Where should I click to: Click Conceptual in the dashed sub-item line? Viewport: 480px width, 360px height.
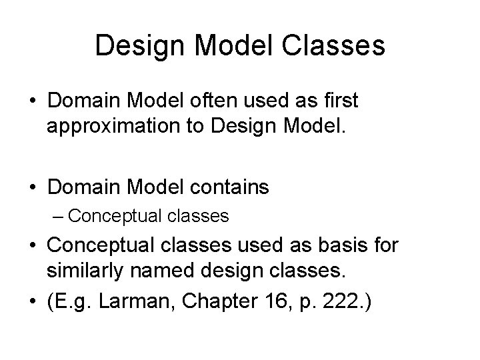tap(107, 217)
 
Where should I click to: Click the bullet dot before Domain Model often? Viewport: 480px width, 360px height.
tap(32, 101)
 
